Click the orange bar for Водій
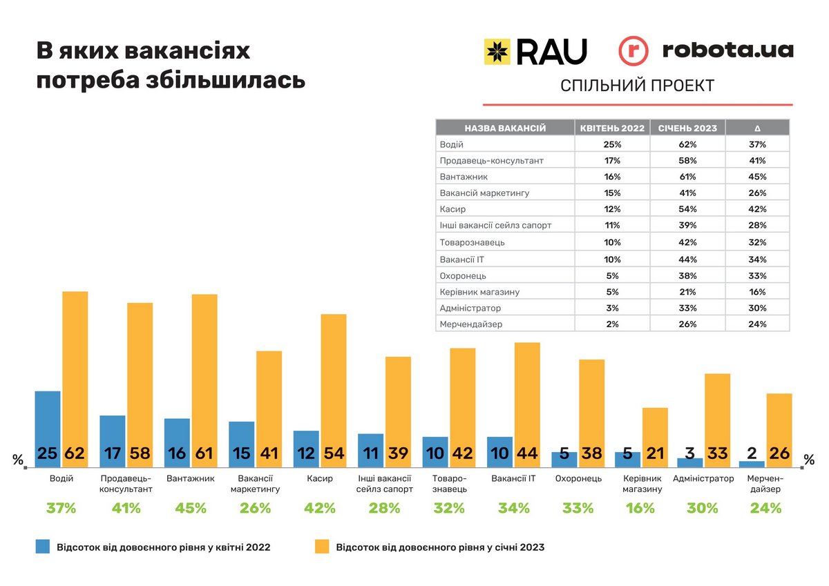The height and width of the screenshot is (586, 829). (75, 373)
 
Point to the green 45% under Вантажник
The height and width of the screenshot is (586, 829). (191, 509)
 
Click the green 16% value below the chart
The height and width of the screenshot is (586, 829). (640, 509)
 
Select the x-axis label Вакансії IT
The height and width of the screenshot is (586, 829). (513, 478)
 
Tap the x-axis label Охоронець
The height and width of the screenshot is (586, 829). (578, 478)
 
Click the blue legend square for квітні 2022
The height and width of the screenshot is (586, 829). (44, 547)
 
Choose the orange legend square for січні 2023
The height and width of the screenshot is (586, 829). (321, 547)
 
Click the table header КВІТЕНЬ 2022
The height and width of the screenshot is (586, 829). (612, 128)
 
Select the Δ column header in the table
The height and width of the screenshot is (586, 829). (757, 128)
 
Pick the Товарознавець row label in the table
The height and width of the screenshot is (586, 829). (473, 243)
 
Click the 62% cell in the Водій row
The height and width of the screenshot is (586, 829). (687, 145)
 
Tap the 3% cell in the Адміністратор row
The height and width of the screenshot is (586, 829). (612, 308)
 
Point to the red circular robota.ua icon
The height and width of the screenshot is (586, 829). (633, 52)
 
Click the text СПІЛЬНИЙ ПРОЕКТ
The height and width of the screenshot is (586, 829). (637, 86)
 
